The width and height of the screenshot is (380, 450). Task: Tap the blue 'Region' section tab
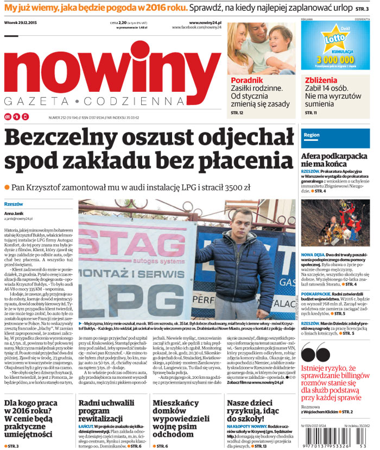[x=312, y=134]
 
